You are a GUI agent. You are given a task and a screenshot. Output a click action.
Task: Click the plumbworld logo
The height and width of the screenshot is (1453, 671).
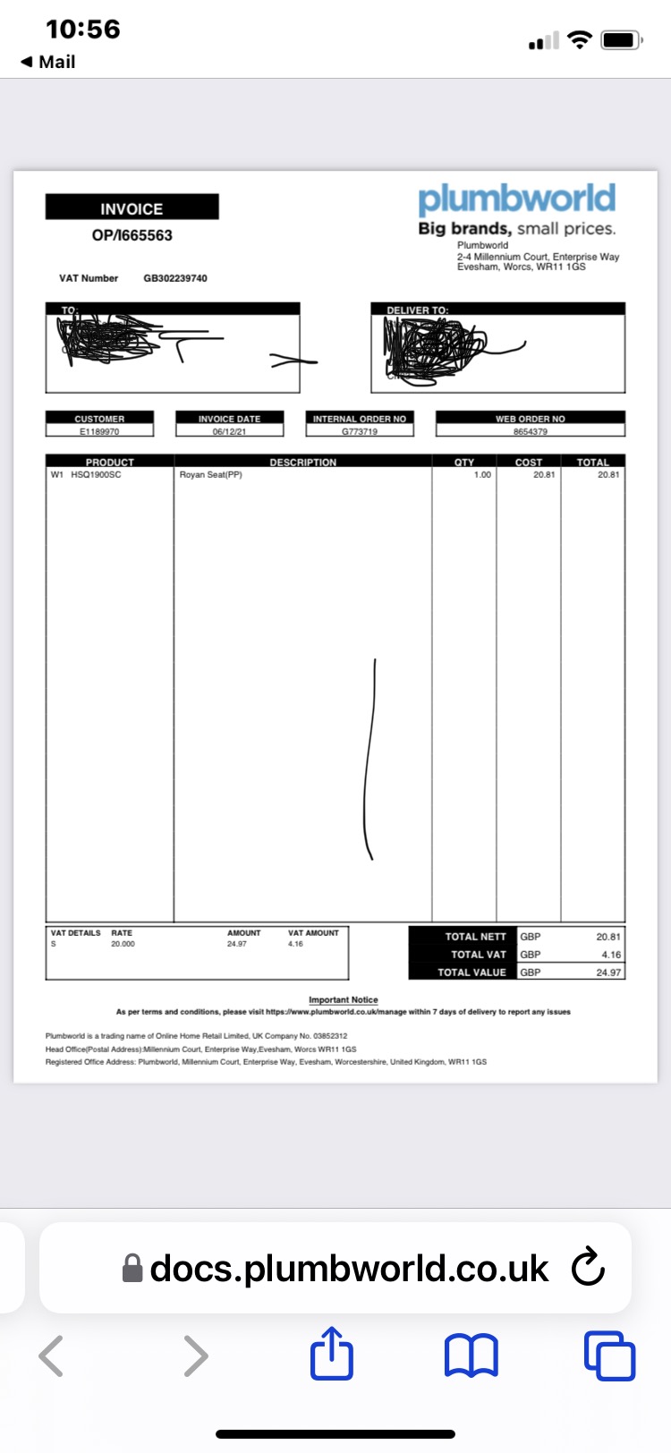pyautogui.click(x=516, y=199)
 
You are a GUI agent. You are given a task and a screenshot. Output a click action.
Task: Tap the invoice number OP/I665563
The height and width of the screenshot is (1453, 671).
pyautogui.click(x=132, y=235)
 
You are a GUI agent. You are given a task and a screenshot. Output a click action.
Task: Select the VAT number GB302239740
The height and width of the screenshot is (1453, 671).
pyautogui.click(x=175, y=278)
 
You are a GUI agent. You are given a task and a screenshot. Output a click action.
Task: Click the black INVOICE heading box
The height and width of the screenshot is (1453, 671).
pyautogui.click(x=132, y=208)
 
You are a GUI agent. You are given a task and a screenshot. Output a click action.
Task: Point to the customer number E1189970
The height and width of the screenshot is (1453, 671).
pyautogui.click(x=99, y=431)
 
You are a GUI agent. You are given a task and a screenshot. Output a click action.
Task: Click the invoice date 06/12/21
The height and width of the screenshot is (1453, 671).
pyautogui.click(x=229, y=431)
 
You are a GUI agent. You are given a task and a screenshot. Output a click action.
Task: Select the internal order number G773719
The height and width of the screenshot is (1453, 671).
pyautogui.click(x=360, y=431)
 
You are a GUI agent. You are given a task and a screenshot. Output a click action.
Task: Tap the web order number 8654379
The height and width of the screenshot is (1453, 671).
pyautogui.click(x=531, y=431)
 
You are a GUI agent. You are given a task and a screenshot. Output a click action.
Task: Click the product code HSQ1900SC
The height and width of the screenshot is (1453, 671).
pyautogui.click(x=96, y=474)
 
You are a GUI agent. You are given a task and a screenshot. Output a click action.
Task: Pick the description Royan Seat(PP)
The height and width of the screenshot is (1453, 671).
pyautogui.click(x=211, y=474)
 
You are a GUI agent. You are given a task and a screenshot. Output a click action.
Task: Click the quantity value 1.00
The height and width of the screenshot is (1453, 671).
pyautogui.click(x=482, y=474)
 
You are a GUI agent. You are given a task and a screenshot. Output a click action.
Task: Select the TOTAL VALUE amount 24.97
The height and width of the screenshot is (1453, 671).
pyautogui.click(x=608, y=973)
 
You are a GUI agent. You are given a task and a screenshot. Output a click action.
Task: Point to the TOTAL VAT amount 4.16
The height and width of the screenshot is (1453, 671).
pyautogui.click(x=611, y=955)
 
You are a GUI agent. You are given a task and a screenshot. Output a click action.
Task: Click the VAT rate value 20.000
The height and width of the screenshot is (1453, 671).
pyautogui.click(x=123, y=944)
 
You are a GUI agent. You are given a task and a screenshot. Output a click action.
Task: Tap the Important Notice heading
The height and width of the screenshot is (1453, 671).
pyautogui.click(x=344, y=999)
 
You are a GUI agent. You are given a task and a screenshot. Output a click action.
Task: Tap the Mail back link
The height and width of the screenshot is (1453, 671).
pyautogui.click(x=48, y=62)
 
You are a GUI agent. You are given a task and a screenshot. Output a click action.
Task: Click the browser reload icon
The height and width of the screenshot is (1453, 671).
pyautogui.click(x=588, y=1267)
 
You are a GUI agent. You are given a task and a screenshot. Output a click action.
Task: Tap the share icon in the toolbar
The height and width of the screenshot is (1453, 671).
pyautogui.click(x=332, y=1355)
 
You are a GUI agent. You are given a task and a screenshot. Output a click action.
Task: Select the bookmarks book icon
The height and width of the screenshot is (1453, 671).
pyautogui.click(x=471, y=1355)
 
